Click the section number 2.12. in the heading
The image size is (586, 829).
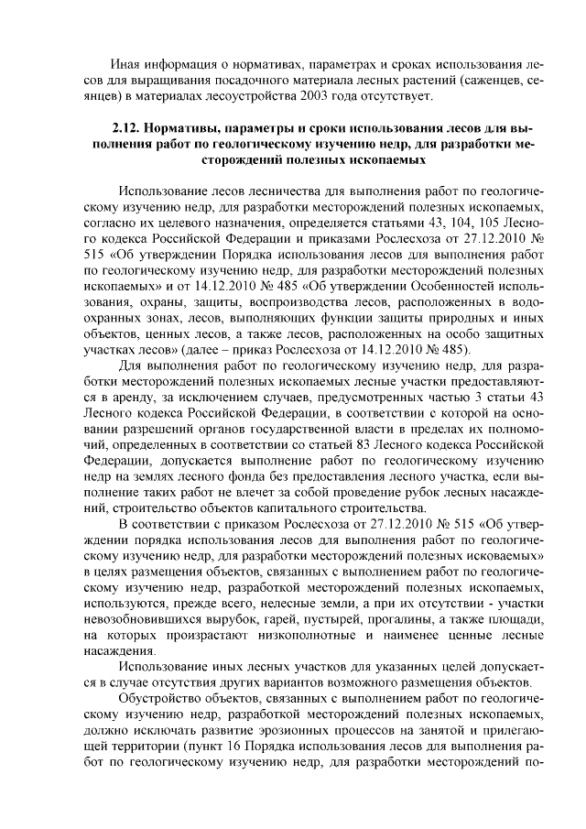[127, 128]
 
